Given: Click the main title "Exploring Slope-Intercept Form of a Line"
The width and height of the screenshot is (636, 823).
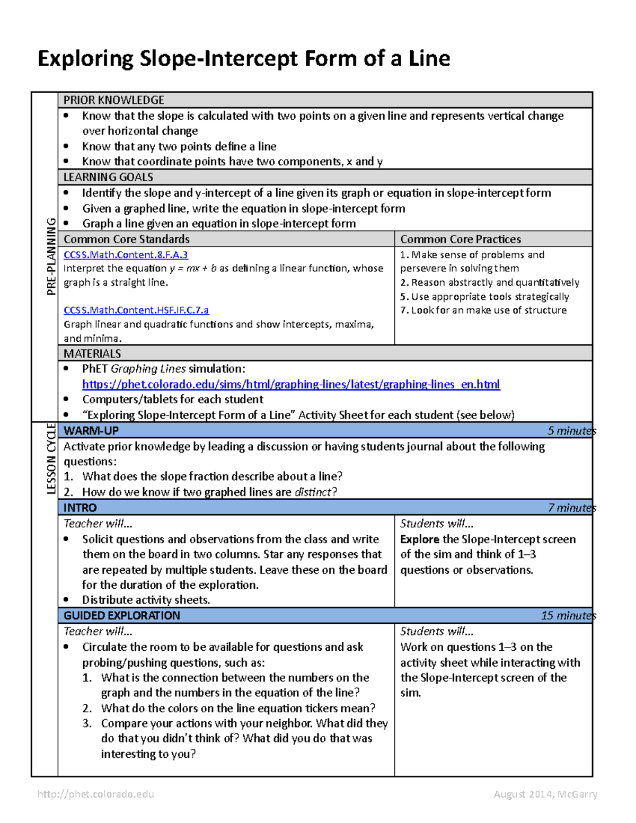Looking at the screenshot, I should [x=244, y=58].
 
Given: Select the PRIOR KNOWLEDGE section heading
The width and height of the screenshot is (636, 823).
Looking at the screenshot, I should [x=113, y=100].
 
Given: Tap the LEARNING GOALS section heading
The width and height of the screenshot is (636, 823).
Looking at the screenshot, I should [x=108, y=177].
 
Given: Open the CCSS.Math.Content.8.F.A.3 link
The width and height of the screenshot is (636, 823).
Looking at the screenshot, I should [x=126, y=255].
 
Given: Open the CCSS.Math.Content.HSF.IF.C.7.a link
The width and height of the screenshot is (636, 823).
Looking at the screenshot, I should [x=136, y=310].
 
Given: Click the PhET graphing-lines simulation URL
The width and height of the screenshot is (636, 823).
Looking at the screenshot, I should [x=291, y=384].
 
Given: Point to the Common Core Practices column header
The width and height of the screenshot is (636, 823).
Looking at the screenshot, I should [x=460, y=239].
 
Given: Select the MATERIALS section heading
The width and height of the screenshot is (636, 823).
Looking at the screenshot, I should [x=92, y=353].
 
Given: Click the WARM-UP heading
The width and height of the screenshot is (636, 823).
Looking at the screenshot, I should [x=91, y=431].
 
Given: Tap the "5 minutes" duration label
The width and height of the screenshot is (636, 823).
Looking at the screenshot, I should [x=571, y=431].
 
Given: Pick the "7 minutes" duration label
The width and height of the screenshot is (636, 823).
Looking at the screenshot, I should [x=571, y=508].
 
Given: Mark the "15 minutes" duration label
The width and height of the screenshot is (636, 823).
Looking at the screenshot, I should [x=568, y=615].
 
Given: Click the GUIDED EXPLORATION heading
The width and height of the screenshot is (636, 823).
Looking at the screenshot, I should [x=122, y=615].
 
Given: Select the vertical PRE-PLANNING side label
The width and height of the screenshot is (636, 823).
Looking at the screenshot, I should [x=51, y=256].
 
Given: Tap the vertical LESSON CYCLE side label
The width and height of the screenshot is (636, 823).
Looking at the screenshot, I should [x=51, y=459].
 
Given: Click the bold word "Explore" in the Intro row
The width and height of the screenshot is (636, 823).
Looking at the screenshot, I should [x=419, y=539].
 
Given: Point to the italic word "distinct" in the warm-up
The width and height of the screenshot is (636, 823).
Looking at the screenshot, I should [x=313, y=492].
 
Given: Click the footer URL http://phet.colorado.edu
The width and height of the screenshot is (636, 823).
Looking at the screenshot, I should [x=96, y=794].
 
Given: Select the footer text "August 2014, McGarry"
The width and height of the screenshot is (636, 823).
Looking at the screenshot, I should [x=545, y=794].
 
